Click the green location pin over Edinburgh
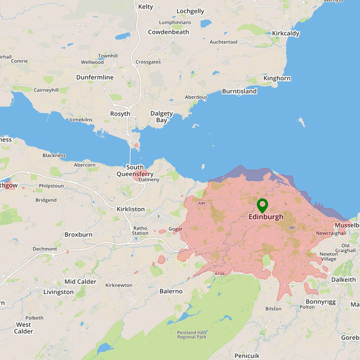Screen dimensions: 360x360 pyautogui.click(x=262, y=206)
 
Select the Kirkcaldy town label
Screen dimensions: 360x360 pyautogui.click(x=285, y=33)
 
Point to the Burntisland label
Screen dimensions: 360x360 pyautogui.click(x=239, y=92)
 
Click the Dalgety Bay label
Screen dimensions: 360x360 pyautogui.click(x=161, y=117)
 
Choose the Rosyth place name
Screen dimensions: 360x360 pyautogui.click(x=120, y=114)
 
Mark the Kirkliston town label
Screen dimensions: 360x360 pyautogui.click(x=131, y=209)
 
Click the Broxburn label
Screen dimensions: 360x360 pyautogui.click(x=78, y=235)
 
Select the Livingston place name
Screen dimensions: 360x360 pyautogui.click(x=58, y=292)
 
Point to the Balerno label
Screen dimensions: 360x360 pyautogui.click(x=171, y=291)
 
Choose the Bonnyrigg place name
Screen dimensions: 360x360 pyautogui.click(x=320, y=301)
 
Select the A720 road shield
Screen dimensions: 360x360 pyautogui.click(x=220, y=274)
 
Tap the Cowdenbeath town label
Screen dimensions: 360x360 pyautogui.click(x=168, y=32)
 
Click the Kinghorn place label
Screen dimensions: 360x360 pyautogui.click(x=277, y=79)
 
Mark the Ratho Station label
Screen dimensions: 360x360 pyautogui.click(x=140, y=230)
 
